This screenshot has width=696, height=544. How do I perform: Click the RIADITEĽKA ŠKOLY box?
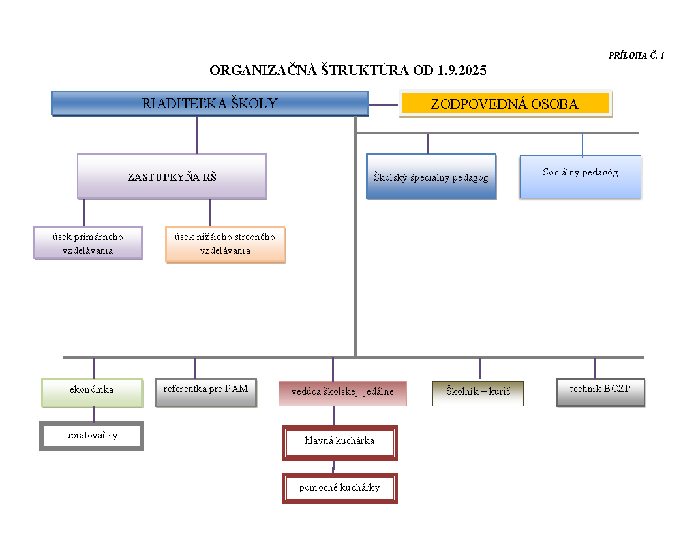pos(210,104)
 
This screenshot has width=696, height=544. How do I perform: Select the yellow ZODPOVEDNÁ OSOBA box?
pos(505,104)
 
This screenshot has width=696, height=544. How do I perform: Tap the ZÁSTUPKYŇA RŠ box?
pos(172,176)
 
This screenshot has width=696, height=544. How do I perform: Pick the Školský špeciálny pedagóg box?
pos(431,176)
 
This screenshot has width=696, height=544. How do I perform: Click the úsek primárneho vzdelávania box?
pos(88,243)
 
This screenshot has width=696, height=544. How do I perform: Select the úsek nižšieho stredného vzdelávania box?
pos(225,244)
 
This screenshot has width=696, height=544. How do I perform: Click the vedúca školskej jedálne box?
pos(342,393)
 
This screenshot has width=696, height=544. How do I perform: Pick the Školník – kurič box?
pos(478,393)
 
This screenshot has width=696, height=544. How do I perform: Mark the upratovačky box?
pos(92,436)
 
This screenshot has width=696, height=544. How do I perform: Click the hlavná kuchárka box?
pos(340,442)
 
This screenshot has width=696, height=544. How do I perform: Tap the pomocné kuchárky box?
pos(340,488)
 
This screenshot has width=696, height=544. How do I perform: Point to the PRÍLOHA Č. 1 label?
pos(636,56)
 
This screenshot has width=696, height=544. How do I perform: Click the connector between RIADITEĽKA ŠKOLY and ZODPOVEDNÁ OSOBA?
pos(384,104)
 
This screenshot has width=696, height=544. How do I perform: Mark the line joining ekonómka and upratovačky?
pos(94,414)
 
